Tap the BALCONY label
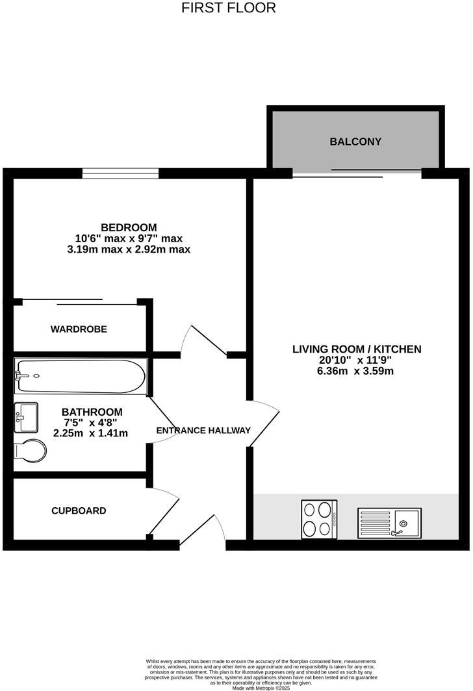[355, 142]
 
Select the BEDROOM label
[129, 227]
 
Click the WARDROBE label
[79, 329]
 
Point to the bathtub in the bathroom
[81, 376]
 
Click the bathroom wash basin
[26, 417]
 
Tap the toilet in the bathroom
[30, 450]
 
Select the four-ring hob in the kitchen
[319, 519]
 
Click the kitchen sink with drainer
[389, 521]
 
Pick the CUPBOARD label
[79, 511]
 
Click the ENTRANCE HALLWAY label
[203, 431]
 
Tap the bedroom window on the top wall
[120, 173]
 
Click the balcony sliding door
[357, 173]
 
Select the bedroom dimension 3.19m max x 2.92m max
[129, 249]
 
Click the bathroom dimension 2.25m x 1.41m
[91, 433]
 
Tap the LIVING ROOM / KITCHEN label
[357, 349]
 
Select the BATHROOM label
[92, 412]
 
